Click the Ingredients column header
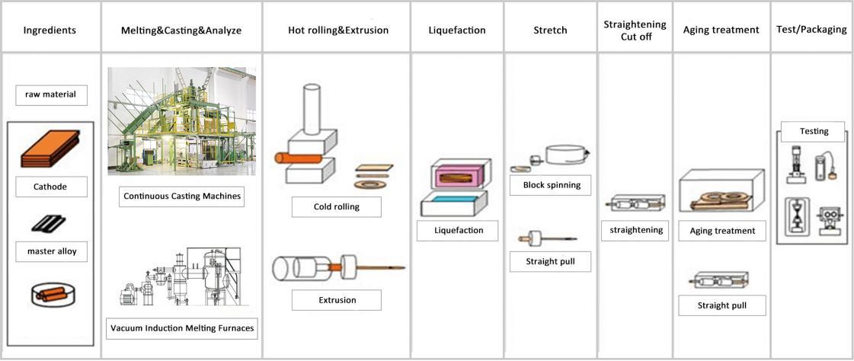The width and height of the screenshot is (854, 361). (x=50, y=30)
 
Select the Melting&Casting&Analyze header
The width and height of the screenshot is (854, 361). (x=181, y=30)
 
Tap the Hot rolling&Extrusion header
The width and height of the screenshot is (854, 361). (x=338, y=30)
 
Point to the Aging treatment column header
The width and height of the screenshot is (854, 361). (x=721, y=30)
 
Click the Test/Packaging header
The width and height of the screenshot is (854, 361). (x=811, y=30)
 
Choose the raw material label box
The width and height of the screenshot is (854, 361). (x=51, y=95)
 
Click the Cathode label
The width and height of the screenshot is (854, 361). (x=50, y=187)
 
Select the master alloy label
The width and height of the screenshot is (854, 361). (x=51, y=251)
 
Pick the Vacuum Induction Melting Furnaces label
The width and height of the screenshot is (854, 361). (x=181, y=329)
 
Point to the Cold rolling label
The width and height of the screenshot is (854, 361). (x=336, y=206)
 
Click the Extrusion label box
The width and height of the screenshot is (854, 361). (x=336, y=300)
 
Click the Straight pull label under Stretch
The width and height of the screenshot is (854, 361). (x=551, y=261)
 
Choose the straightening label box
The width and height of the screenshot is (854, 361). (x=635, y=230)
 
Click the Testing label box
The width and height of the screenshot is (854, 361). (x=813, y=131)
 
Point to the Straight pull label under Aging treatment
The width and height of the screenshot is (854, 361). (x=721, y=306)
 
